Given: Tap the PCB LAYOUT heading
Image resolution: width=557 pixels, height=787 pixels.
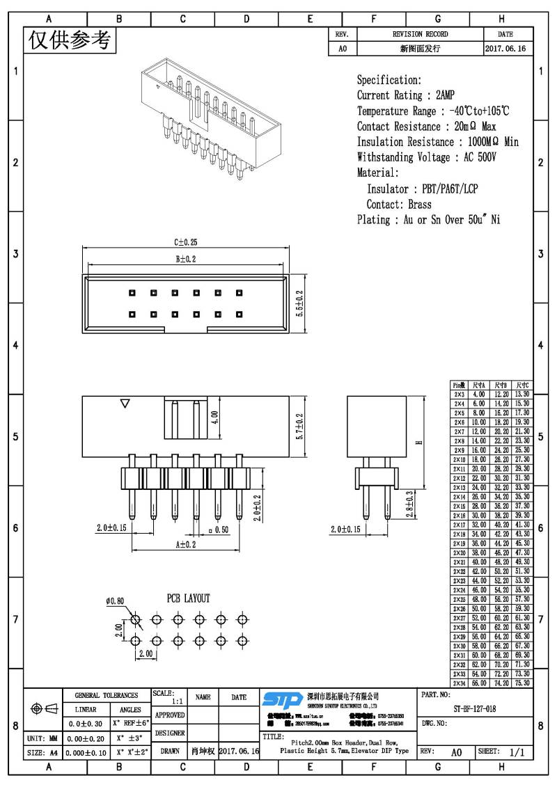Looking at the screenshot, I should (x=187, y=598).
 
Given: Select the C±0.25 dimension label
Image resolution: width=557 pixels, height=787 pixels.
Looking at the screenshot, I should (x=185, y=243).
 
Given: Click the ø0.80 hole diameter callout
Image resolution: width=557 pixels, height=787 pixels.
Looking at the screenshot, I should (x=115, y=601).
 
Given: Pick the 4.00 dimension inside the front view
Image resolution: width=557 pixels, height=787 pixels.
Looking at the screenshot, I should (x=215, y=417).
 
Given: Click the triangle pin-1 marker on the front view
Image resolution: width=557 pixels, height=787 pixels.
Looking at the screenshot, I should (x=125, y=403).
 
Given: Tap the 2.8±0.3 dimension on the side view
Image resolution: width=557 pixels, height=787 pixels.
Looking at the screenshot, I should (x=409, y=503).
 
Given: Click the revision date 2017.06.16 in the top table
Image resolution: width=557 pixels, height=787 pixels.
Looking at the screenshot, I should (x=505, y=49).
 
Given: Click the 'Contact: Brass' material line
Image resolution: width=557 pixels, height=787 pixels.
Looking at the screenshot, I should (x=399, y=205).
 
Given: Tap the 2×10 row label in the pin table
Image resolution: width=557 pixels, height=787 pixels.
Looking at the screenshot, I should (x=459, y=460).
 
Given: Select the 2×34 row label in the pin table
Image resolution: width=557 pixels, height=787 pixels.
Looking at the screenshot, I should (x=459, y=683).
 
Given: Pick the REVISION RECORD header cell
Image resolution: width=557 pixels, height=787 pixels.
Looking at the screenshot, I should (x=420, y=34).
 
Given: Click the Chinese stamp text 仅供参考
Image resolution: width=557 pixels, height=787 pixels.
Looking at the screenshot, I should (x=70, y=42).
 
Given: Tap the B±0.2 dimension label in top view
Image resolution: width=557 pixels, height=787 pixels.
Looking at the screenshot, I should (x=185, y=259).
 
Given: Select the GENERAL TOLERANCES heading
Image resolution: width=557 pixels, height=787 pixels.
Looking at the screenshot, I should (x=106, y=695).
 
